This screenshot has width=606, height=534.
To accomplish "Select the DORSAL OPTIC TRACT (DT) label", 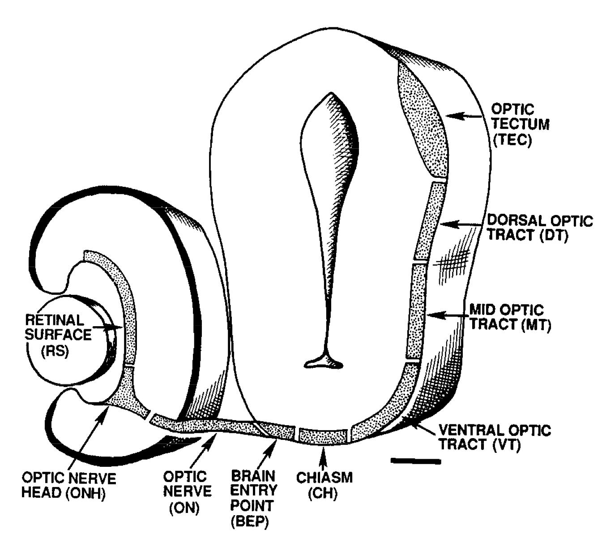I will pyautogui.click(x=539, y=228).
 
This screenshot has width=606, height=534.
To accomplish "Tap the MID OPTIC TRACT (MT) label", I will pyautogui.click(x=510, y=317).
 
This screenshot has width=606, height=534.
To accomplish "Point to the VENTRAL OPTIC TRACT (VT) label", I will pyautogui.click(x=495, y=438).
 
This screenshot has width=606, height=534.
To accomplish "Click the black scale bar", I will pyautogui.click(x=415, y=461).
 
